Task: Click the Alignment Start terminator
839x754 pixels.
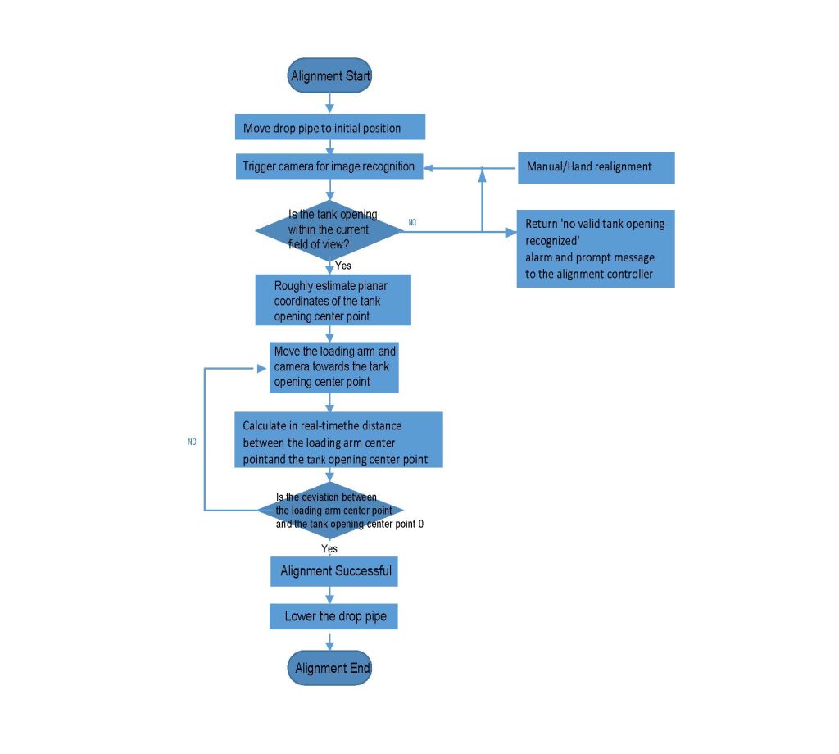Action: pyautogui.click(x=329, y=75)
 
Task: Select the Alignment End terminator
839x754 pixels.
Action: pyautogui.click(x=329, y=668)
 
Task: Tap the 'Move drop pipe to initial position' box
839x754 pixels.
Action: pyautogui.click(x=330, y=127)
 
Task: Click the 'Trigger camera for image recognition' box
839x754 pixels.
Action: pyautogui.click(x=329, y=166)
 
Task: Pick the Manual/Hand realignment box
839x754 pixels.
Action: pyautogui.click(x=596, y=168)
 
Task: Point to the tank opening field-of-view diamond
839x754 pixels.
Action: pyautogui.click(x=329, y=230)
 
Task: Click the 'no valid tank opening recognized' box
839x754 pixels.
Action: pyautogui.click(x=596, y=249)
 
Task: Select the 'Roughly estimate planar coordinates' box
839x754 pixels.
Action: pyautogui.click(x=333, y=300)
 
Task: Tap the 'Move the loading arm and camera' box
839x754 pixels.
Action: pyautogui.click(x=334, y=368)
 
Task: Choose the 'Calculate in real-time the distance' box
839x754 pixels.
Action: pyautogui.click(x=338, y=440)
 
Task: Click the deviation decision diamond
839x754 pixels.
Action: pyautogui.click(x=330, y=511)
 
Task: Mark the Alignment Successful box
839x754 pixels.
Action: pyautogui.click(x=334, y=571)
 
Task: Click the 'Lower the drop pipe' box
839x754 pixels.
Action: pyautogui.click(x=334, y=616)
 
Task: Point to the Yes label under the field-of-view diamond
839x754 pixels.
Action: pyautogui.click(x=343, y=266)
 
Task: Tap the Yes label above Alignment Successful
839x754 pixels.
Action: pyautogui.click(x=329, y=548)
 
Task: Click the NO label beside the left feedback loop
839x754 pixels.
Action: pyautogui.click(x=192, y=442)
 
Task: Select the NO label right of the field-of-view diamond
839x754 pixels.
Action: pyautogui.click(x=412, y=222)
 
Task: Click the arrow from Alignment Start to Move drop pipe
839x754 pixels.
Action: pyautogui.click(x=329, y=103)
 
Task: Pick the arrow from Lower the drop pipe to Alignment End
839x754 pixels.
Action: pyautogui.click(x=329, y=640)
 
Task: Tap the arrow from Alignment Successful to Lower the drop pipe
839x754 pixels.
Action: pyautogui.click(x=329, y=595)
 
